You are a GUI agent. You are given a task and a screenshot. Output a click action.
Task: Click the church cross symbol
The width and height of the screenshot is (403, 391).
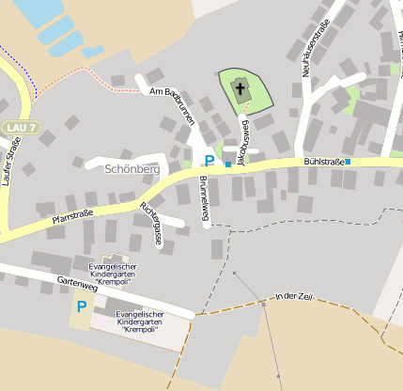[240, 91]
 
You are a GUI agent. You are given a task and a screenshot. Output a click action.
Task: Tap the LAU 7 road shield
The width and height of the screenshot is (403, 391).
[20, 127]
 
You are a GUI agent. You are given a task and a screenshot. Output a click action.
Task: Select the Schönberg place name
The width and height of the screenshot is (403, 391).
[132, 168]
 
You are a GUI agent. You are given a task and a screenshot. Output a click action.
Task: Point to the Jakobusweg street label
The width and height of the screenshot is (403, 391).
[242, 142]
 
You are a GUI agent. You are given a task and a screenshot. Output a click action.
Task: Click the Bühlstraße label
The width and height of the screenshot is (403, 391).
[323, 163]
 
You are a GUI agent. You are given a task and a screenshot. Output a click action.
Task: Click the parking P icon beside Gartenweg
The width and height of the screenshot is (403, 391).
[81, 305]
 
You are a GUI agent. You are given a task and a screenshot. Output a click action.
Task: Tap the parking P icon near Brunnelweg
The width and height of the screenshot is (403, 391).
[209, 162]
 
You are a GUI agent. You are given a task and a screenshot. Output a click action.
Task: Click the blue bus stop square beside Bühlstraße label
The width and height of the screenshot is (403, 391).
[348, 162]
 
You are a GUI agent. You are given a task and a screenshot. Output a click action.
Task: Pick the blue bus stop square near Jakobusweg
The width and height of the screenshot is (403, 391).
[227, 164]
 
